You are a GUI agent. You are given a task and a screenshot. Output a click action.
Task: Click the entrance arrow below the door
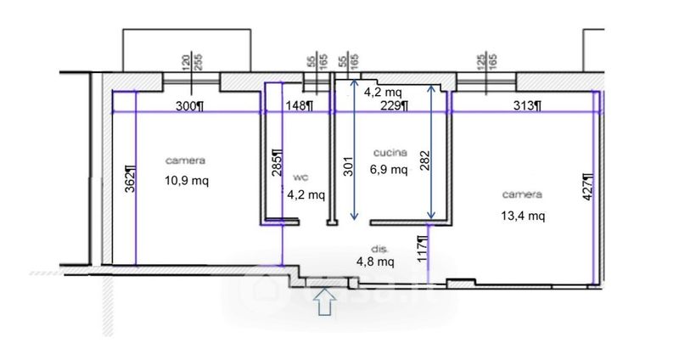coord(325,301)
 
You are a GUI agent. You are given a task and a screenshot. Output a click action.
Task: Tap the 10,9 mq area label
coord(187,180)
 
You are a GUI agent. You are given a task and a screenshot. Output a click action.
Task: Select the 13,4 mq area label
coord(523,216)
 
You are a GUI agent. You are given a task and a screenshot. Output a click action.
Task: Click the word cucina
coord(390,153)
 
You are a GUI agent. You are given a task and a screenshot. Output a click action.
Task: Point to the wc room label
coord(301,177)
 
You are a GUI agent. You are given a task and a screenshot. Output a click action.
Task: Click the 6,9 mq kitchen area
coord(389,169)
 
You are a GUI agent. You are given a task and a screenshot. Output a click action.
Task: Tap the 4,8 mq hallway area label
coord(375,262)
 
